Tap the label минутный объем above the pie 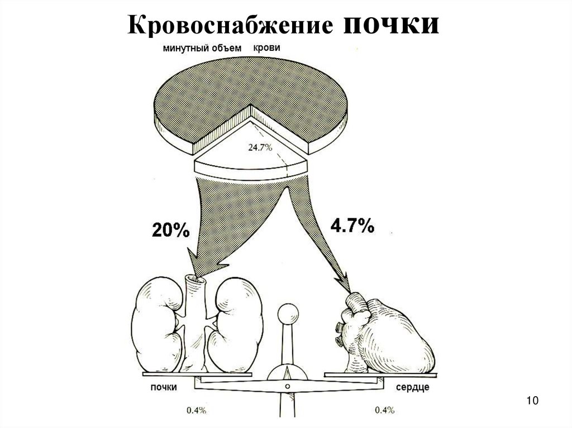coord(202,49)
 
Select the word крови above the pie coord(266,48)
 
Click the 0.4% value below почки coord(197,411)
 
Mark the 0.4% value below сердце coord(386,411)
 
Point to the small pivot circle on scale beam coord(287,386)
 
